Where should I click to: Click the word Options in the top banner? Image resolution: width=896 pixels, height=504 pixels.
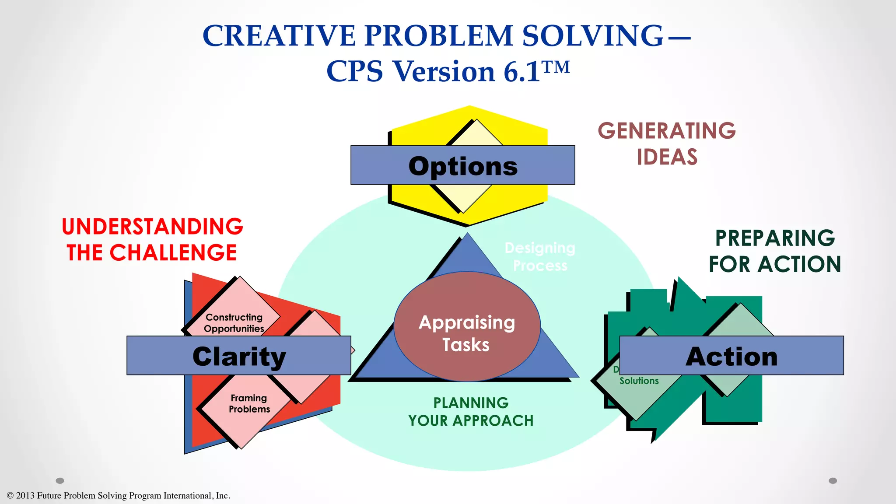click(463, 166)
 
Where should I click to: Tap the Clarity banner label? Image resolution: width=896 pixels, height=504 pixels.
click(239, 357)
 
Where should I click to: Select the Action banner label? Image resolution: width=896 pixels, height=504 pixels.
click(731, 357)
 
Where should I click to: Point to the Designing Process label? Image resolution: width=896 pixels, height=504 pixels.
click(540, 257)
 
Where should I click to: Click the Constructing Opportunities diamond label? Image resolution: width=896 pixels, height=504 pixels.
click(234, 323)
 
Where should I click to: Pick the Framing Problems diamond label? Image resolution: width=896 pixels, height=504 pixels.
click(249, 403)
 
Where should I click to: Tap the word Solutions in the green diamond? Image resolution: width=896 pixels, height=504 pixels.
click(639, 381)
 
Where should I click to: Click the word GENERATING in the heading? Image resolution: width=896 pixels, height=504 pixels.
click(667, 131)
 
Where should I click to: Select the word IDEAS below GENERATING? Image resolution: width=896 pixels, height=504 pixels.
click(667, 157)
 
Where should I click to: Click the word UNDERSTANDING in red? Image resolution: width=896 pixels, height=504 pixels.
click(152, 227)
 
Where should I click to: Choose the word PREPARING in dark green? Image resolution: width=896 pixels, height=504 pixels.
click(775, 238)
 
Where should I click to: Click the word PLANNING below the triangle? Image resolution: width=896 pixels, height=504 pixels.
click(471, 402)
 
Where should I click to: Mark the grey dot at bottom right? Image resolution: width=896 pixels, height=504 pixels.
click(833, 481)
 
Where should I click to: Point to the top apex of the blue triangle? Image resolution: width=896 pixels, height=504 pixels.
click(468, 234)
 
